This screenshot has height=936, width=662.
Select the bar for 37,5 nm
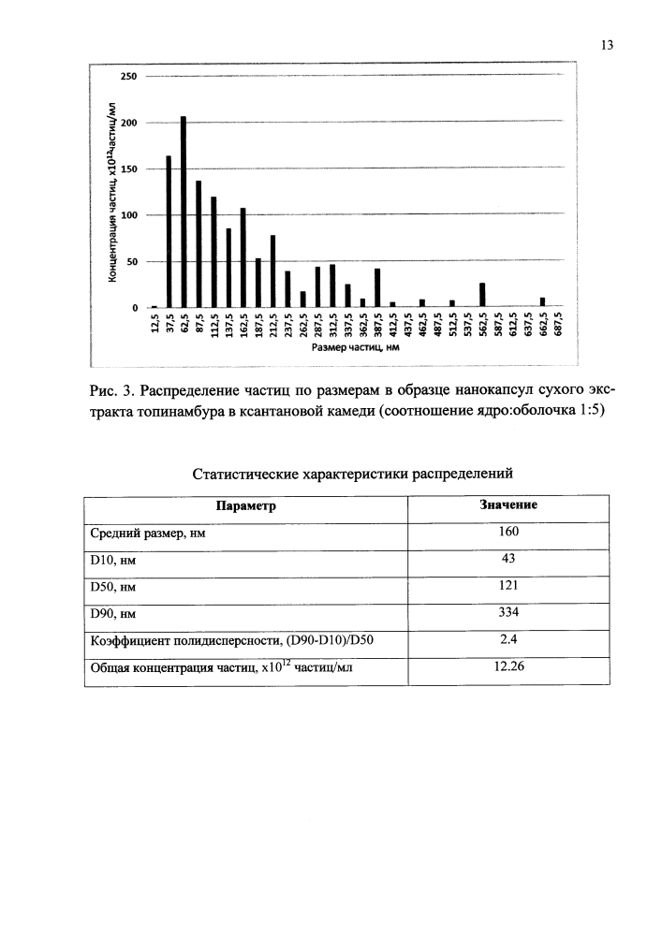[169, 231]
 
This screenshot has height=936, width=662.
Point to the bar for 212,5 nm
[273, 271]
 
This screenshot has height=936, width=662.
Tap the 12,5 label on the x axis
[154, 329]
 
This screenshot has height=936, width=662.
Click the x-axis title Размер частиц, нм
[350, 348]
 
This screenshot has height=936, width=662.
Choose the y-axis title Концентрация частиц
[111, 191]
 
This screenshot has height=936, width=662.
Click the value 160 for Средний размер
[508, 533]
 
